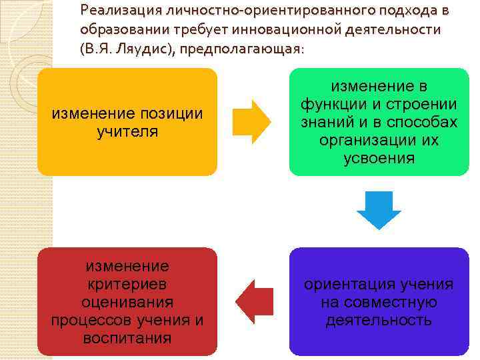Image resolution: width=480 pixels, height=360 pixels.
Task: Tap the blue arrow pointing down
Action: point(379,209)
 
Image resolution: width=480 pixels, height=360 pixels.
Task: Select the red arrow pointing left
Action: point(254,302)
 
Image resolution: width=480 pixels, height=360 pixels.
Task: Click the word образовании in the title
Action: point(121,30)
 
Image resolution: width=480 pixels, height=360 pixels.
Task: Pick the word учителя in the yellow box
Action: point(127,131)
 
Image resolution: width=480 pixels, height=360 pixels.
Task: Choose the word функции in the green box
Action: point(331,105)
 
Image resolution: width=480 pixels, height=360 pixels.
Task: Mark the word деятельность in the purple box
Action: point(379,321)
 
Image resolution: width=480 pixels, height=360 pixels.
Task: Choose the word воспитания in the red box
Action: point(127,338)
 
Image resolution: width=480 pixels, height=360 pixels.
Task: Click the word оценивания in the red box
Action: point(127,302)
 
